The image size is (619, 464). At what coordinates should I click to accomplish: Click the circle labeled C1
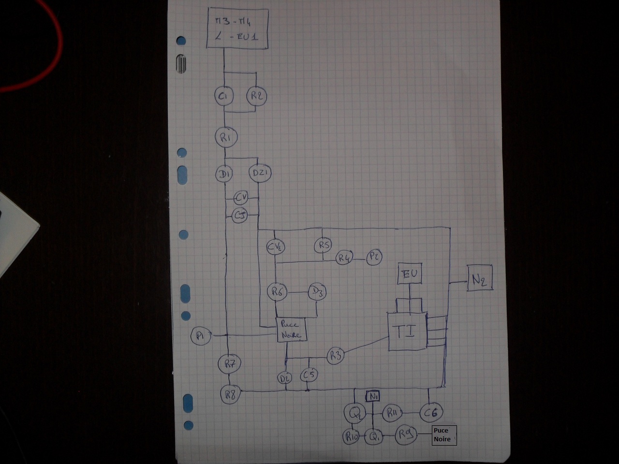pos(224,96)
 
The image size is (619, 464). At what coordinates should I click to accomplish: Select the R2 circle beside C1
pos(256,96)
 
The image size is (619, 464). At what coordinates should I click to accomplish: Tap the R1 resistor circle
pos(225,137)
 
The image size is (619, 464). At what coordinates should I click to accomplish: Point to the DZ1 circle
pos(260,173)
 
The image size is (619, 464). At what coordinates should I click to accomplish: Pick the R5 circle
pos(324,245)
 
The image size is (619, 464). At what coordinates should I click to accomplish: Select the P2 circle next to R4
pos(374,258)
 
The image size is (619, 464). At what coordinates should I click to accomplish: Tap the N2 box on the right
pos(480,278)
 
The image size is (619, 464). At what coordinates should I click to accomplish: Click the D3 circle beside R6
pos(317,291)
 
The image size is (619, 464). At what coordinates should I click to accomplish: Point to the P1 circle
pos(201,335)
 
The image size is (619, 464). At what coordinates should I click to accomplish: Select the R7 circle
pos(229,363)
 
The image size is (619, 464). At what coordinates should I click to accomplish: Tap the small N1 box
pos(373,397)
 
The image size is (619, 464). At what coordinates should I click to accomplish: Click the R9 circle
pos(405,435)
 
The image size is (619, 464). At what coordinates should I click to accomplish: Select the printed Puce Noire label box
pos(443,435)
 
